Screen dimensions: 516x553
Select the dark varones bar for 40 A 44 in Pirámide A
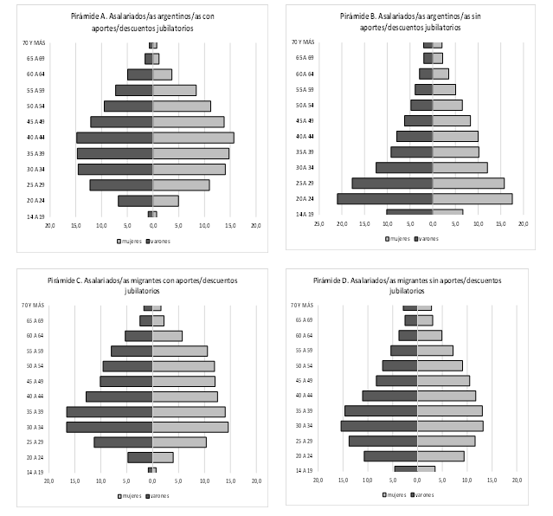coord(114,138)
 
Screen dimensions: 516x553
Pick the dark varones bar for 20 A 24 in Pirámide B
coord(384,199)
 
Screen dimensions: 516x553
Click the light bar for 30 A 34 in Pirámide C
coord(190,427)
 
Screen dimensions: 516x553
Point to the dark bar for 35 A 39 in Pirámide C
coord(109,411)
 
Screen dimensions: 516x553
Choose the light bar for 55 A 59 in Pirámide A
coord(175,90)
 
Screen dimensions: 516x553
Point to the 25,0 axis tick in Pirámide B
coord(318,223)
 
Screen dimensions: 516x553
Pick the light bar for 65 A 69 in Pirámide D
coord(425,320)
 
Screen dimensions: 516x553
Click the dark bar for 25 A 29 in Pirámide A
coord(120,185)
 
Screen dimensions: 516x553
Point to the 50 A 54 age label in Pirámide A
coord(36,106)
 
